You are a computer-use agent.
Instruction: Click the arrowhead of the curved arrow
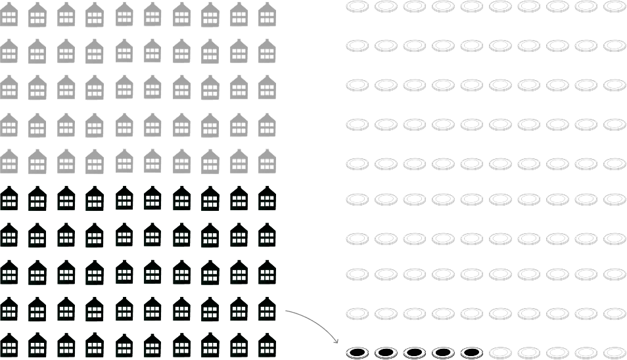click(337, 342)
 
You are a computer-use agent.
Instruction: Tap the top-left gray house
click(9, 14)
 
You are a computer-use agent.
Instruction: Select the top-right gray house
click(267, 14)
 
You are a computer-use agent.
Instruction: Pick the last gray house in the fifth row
click(267, 161)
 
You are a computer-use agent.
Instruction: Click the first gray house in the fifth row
click(9, 161)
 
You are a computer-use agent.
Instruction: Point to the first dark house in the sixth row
click(9, 198)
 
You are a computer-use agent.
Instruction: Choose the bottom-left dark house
click(9, 345)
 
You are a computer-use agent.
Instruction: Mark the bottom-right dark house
click(267, 345)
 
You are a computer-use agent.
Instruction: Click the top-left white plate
click(358, 7)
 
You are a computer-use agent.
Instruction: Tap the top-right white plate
click(615, 7)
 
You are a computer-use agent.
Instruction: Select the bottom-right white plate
click(615, 353)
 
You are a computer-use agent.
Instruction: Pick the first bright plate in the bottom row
click(501, 353)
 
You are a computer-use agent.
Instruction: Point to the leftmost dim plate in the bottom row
click(358, 353)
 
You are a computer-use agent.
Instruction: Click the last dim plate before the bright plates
click(472, 353)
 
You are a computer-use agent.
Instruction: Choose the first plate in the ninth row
click(358, 313)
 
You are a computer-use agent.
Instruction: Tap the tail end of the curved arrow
click(286, 311)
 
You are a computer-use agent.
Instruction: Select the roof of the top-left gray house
click(9, 7)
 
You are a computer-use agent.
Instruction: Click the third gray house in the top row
click(66, 14)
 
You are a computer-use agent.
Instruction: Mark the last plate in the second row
click(615, 46)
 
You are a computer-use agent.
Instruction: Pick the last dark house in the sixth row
click(267, 198)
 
